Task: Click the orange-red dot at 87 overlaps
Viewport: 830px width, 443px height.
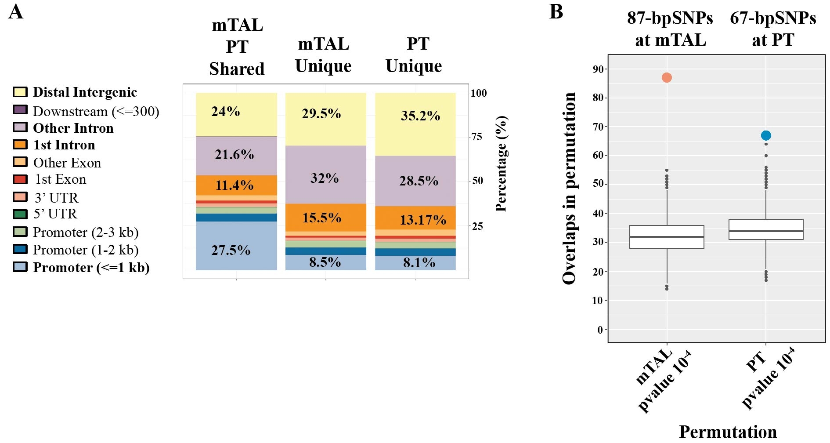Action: coord(667,78)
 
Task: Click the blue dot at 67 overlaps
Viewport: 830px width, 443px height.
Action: coord(766,135)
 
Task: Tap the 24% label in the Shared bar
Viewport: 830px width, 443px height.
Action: coord(226,112)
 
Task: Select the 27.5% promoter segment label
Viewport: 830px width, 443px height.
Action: coord(231,250)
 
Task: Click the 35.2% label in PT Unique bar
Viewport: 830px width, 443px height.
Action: coord(420,116)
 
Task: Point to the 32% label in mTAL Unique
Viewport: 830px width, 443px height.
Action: coord(325,178)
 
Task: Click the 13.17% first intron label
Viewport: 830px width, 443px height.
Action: coord(422,219)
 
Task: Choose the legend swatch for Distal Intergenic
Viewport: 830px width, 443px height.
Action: coord(20,92)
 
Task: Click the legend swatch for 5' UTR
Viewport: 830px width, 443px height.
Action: coord(20,214)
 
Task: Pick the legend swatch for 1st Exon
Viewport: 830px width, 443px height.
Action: coord(20,179)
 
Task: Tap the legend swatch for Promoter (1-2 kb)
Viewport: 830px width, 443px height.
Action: coord(20,249)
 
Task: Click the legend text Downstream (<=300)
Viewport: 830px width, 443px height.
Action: coord(96,112)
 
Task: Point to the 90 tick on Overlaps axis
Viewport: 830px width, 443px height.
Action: coord(598,69)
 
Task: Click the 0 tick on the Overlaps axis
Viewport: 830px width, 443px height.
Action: coord(600,330)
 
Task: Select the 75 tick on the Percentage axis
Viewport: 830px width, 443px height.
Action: coord(477,137)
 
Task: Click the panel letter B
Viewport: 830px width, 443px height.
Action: coord(556,12)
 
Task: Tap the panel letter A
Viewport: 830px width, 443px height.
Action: coord(16,12)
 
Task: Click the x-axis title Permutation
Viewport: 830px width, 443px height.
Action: coord(728,432)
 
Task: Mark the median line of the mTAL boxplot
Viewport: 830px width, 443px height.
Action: coord(667,237)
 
